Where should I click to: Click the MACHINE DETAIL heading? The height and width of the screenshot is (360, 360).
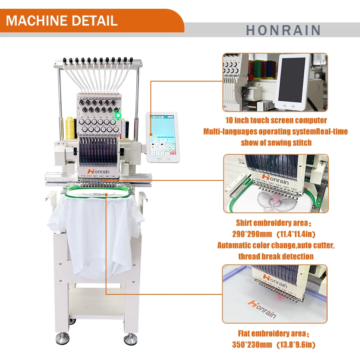[x=62, y=21]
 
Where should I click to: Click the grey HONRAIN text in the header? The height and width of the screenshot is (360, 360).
[x=283, y=30]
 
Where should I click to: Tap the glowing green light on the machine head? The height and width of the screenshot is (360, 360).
[x=118, y=115]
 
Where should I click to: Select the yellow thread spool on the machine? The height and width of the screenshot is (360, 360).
[x=70, y=128]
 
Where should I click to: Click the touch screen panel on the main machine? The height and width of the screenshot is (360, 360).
[x=163, y=137]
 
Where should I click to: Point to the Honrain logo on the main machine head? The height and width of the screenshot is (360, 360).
[x=98, y=171]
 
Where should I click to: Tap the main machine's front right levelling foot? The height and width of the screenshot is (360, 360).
[x=131, y=339]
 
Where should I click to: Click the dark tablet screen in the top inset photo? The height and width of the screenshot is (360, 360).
[x=292, y=80]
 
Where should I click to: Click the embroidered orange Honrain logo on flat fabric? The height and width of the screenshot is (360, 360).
[x=262, y=309]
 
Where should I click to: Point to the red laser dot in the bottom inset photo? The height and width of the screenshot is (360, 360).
[x=280, y=298]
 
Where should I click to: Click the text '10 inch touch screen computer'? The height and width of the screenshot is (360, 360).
[x=276, y=120]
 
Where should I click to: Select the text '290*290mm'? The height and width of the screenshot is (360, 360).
[x=252, y=234]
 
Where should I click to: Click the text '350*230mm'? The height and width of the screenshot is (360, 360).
[x=252, y=344]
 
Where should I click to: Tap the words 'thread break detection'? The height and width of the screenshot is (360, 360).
[x=276, y=256]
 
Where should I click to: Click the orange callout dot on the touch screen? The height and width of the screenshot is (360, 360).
[x=151, y=134]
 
